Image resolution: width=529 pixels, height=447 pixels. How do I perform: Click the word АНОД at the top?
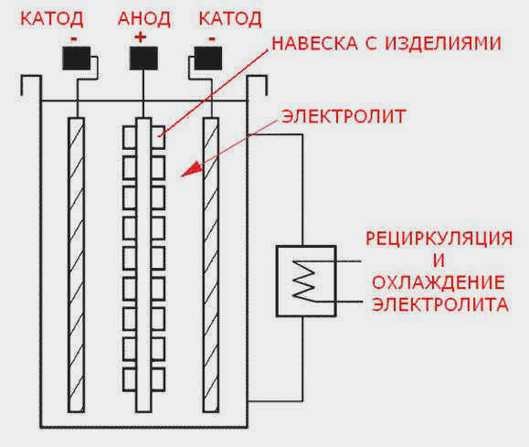click(144, 18)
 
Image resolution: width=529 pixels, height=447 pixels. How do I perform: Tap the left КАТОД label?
click(51, 18)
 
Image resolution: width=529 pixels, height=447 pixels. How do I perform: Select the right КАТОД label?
click(230, 18)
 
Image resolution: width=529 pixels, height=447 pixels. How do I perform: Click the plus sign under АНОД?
click(141, 37)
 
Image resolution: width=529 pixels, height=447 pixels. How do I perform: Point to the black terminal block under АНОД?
click(143, 59)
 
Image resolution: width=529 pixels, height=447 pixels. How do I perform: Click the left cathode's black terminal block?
click(77, 59)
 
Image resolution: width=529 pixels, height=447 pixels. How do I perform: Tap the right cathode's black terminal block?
click(208, 59)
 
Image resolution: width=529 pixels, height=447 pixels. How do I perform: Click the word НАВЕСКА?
click(314, 44)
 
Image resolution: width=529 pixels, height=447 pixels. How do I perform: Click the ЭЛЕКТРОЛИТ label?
click(344, 116)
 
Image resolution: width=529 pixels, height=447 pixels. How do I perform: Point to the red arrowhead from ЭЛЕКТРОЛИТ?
click(192, 170)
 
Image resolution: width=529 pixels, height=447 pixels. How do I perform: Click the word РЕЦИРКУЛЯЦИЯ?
click(439, 239)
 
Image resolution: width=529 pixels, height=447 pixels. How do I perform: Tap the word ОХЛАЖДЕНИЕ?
click(439, 282)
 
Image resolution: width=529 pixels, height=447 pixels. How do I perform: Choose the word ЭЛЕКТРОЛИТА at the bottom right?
click(440, 304)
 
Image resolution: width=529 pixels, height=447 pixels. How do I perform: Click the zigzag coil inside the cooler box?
click(304, 280)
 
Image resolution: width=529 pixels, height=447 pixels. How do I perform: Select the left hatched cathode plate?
click(76, 265)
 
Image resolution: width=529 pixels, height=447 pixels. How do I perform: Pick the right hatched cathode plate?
click(211, 265)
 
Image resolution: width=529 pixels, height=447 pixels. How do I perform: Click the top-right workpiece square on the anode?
click(158, 137)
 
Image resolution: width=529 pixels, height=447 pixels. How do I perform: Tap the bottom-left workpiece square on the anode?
click(130, 379)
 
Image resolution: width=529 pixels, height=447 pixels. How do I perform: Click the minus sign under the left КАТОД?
click(74, 39)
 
